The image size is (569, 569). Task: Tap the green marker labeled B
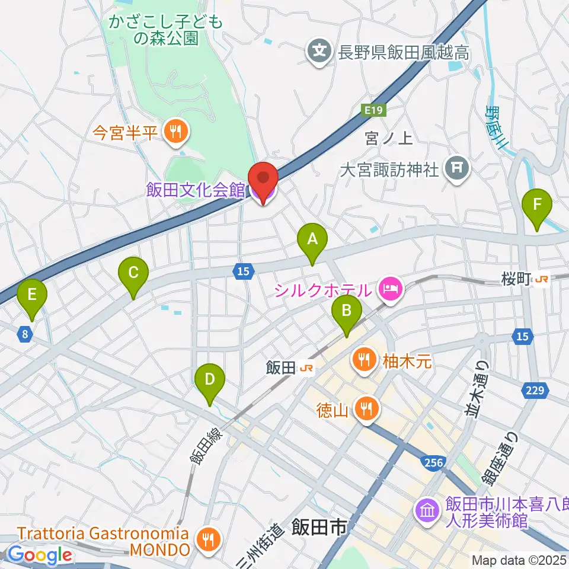pos(347,309)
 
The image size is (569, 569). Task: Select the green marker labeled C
pos(133,273)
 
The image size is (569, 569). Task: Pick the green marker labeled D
pos(209,378)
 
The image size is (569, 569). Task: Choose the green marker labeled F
pos(537,205)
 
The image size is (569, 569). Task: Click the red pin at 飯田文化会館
pos(263,180)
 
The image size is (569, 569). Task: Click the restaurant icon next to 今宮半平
pos(175,132)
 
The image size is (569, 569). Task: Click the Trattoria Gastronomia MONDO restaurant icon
pos(207,541)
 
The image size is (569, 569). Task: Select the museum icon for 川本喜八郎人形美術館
pos(427,510)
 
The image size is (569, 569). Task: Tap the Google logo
pos(40,555)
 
